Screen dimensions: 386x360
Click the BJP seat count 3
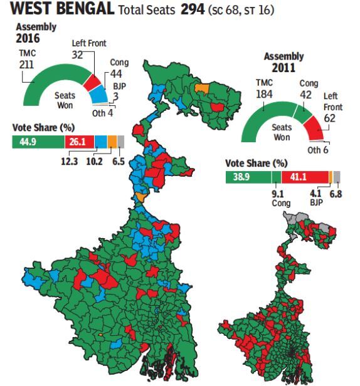[117, 96]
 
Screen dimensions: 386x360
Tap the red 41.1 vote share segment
[305, 177]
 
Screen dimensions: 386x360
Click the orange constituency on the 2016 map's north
[201, 88]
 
